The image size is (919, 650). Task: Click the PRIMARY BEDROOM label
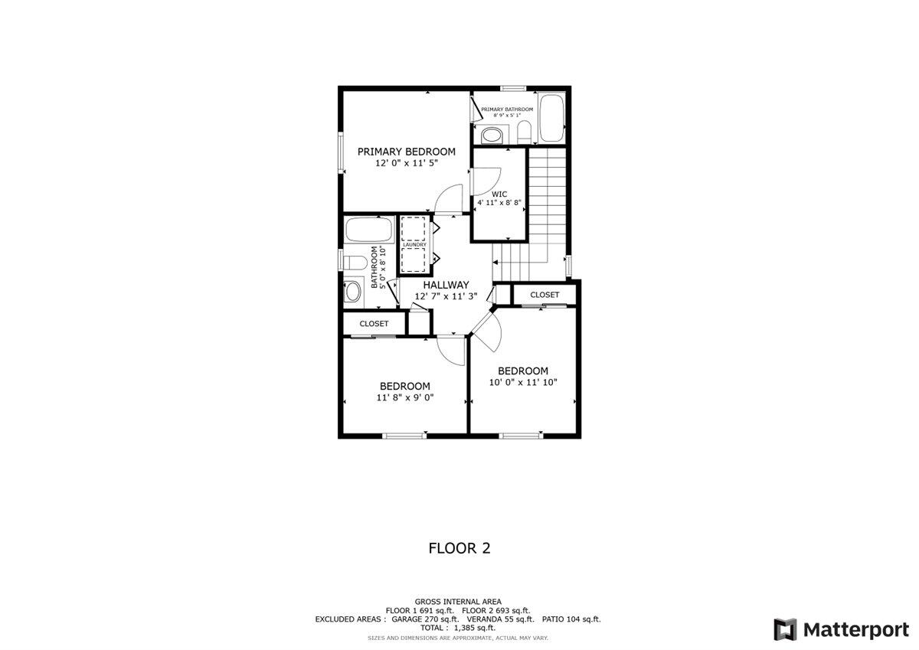click(406, 152)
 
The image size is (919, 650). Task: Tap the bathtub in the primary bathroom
click(551, 119)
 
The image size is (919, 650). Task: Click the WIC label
click(499, 194)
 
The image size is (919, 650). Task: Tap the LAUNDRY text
click(414, 244)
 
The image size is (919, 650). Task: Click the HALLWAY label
click(446, 285)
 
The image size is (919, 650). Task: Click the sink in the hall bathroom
click(353, 292)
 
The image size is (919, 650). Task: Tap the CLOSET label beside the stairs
click(545, 295)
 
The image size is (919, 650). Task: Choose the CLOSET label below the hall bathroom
click(374, 324)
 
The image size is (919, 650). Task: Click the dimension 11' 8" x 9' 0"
click(405, 398)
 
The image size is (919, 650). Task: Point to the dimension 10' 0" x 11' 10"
click(523, 382)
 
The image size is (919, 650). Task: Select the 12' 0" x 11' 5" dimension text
click(406, 163)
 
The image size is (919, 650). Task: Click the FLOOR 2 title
click(459, 548)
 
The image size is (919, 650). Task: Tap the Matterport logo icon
click(785, 629)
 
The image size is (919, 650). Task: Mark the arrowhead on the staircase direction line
click(495, 261)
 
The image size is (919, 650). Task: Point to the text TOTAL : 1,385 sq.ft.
click(458, 627)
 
